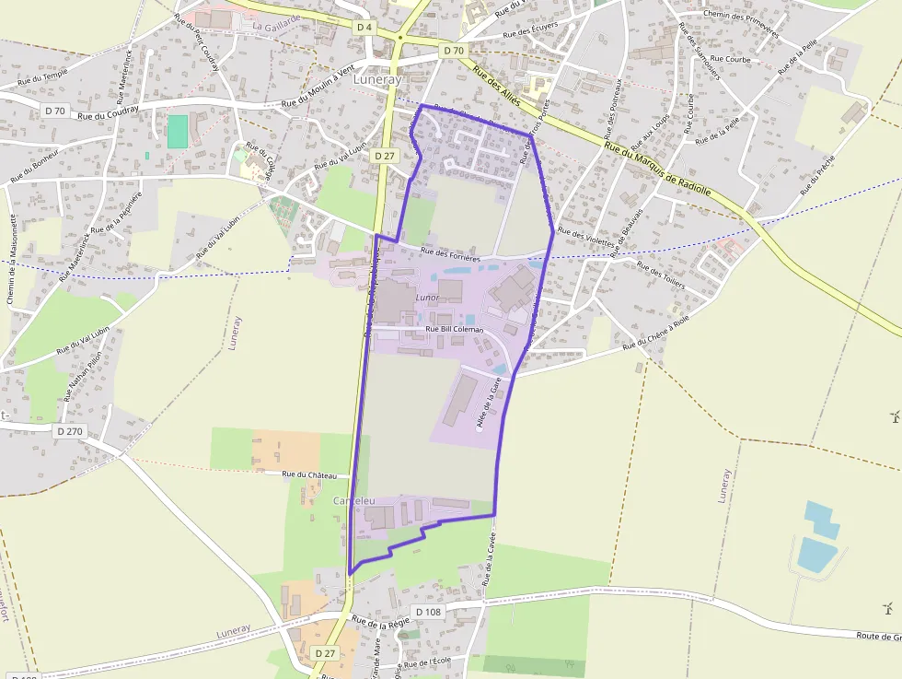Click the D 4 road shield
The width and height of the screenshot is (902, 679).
tap(364, 28)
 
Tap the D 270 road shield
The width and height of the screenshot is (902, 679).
tap(70, 430)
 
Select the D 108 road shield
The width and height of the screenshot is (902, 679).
tap(429, 612)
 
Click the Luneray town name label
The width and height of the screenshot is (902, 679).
tap(377, 80)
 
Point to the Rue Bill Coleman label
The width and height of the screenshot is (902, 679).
tap(454, 329)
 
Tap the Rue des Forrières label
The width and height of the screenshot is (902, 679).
tap(451, 255)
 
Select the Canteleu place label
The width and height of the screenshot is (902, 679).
tap(354, 499)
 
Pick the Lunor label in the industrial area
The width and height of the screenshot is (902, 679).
tap(427, 298)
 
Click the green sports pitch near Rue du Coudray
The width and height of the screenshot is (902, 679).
tap(178, 131)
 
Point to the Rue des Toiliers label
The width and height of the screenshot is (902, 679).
tap(661, 275)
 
